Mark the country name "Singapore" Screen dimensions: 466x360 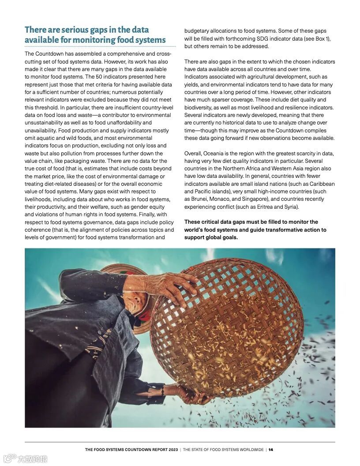[256, 199]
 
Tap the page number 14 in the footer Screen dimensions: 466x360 [271, 450]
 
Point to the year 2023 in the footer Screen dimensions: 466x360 [172, 450]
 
